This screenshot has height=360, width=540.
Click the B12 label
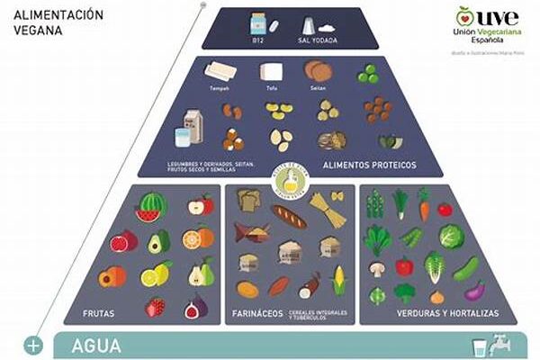click(x=256, y=40)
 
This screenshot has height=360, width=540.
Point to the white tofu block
click(x=270, y=72)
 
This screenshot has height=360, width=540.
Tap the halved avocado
click(x=158, y=241)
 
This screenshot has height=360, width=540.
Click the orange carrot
click(x=423, y=203)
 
